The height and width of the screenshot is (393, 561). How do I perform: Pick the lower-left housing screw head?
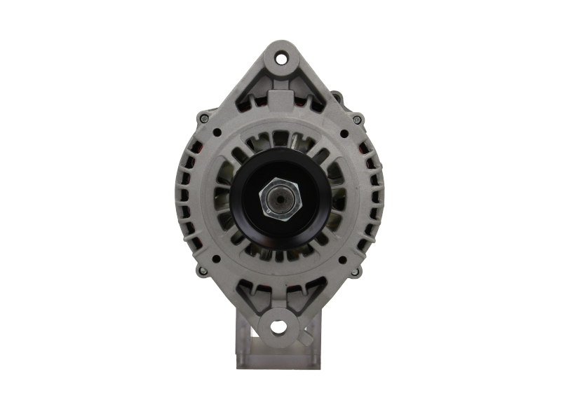click(203, 273)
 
